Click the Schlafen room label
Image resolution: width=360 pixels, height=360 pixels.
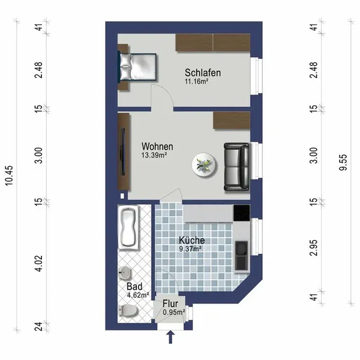203,73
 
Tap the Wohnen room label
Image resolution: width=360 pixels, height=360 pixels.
157,146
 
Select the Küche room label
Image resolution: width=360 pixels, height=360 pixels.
192,240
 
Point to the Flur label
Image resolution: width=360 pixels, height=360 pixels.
170,304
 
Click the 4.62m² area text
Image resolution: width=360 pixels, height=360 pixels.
138,295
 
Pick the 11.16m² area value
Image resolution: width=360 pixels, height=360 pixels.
197,81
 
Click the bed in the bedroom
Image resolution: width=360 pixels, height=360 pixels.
137,67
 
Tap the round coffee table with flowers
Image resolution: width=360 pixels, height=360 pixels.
204,164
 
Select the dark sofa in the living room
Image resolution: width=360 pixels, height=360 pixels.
236,167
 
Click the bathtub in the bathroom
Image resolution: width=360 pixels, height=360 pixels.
128,227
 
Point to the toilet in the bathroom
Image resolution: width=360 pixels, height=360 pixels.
128,311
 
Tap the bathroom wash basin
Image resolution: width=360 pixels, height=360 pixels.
125,273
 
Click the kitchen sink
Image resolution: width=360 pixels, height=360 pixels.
242,256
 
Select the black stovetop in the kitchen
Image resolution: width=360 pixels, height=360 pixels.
242,213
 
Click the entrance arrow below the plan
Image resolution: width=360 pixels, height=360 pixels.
170,337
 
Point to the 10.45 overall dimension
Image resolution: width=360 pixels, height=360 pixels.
10,176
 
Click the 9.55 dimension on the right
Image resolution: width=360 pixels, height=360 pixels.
343,163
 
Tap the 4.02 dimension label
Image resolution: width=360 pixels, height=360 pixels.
39,263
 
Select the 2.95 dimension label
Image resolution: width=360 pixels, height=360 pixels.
314,248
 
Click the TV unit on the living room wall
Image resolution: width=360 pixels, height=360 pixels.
124,152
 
